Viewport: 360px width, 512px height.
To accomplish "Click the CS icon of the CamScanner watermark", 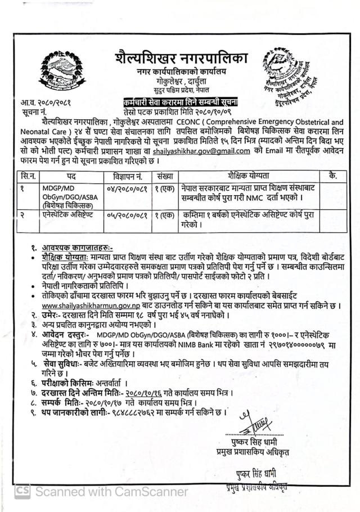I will [22, 491].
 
